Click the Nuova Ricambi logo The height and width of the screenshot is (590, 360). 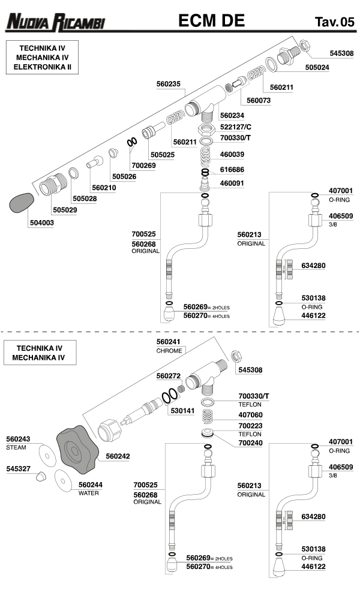[x=55, y=23]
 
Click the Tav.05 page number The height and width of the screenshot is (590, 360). [x=334, y=23]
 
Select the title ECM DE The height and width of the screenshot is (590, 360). [x=212, y=21]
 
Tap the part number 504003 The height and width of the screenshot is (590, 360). [x=41, y=222]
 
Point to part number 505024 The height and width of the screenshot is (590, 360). [x=317, y=68]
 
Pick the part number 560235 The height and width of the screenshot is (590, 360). [x=169, y=85]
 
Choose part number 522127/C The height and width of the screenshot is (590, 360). [x=236, y=127]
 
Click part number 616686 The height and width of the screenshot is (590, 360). [x=232, y=170]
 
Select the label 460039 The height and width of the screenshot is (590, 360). [x=232, y=154]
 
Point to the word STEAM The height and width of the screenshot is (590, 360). [x=16, y=447]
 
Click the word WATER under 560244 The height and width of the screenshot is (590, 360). [x=89, y=493]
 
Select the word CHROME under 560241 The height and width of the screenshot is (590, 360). [x=169, y=350]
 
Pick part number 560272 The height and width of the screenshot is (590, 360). [x=169, y=376]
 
